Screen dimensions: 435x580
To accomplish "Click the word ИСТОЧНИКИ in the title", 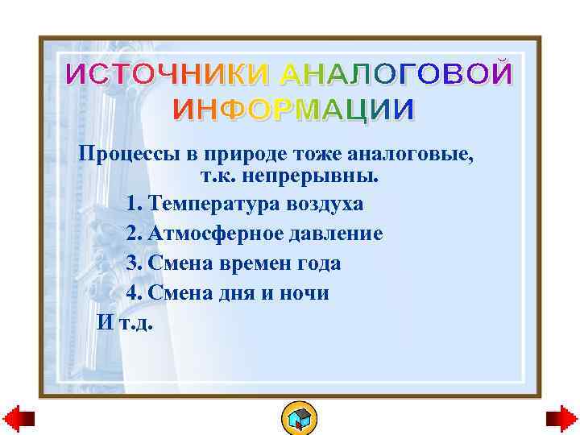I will pos(169,74).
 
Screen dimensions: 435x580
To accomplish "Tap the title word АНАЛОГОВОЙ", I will pos(395,74).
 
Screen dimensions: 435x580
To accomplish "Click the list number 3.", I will pos(134,263).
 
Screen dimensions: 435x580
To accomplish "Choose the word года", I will pos(317,263).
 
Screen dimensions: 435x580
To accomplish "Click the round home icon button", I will pos(299,417).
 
